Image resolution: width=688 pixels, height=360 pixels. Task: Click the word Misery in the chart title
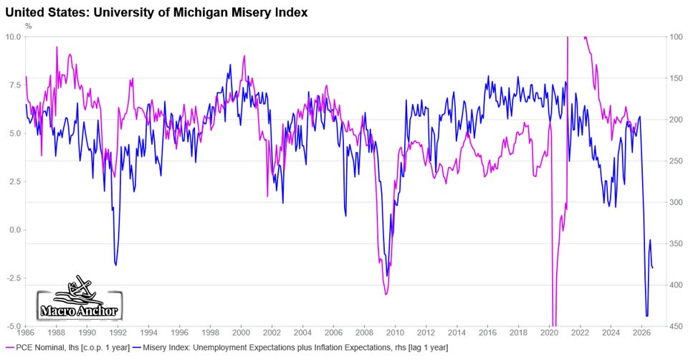(245, 13)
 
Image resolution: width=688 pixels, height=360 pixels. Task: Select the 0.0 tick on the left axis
(16, 229)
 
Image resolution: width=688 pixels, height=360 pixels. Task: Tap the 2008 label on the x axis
(365, 333)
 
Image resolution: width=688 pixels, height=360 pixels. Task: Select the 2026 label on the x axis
(642, 333)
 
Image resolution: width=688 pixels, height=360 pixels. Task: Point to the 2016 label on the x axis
(488, 333)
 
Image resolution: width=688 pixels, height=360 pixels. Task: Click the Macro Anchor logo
(79, 298)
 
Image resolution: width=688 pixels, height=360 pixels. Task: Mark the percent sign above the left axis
(29, 26)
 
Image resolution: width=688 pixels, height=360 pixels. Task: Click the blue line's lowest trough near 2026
(646, 316)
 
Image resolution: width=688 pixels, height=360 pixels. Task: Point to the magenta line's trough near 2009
(386, 294)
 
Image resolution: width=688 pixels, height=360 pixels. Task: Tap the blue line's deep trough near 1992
(116, 265)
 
